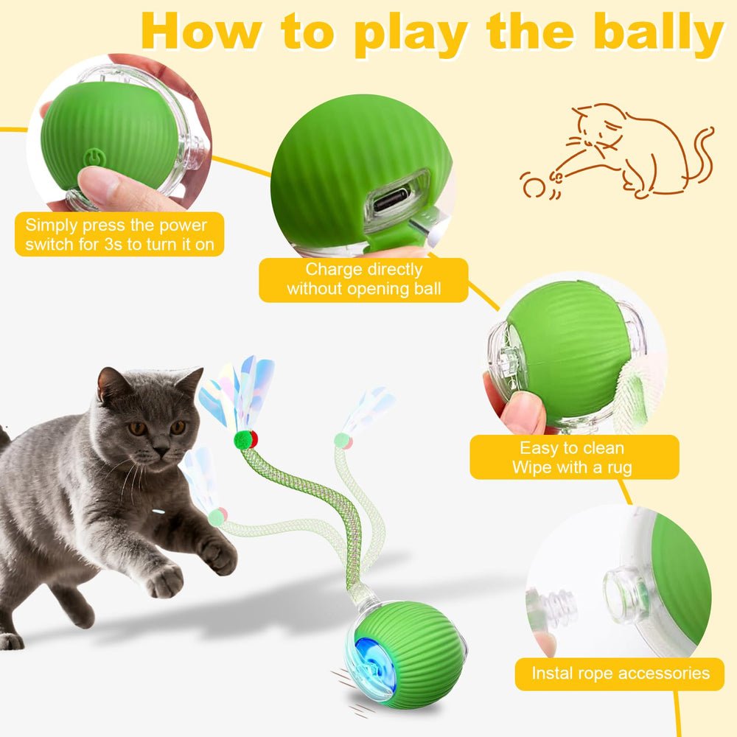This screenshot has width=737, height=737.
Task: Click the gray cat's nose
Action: [161, 451]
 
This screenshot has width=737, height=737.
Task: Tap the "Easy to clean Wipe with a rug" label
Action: [574, 458]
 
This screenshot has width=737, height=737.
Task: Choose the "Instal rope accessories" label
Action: [620, 674]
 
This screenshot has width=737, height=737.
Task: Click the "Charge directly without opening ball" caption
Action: [363, 279]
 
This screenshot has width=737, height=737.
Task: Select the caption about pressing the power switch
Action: [119, 234]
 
